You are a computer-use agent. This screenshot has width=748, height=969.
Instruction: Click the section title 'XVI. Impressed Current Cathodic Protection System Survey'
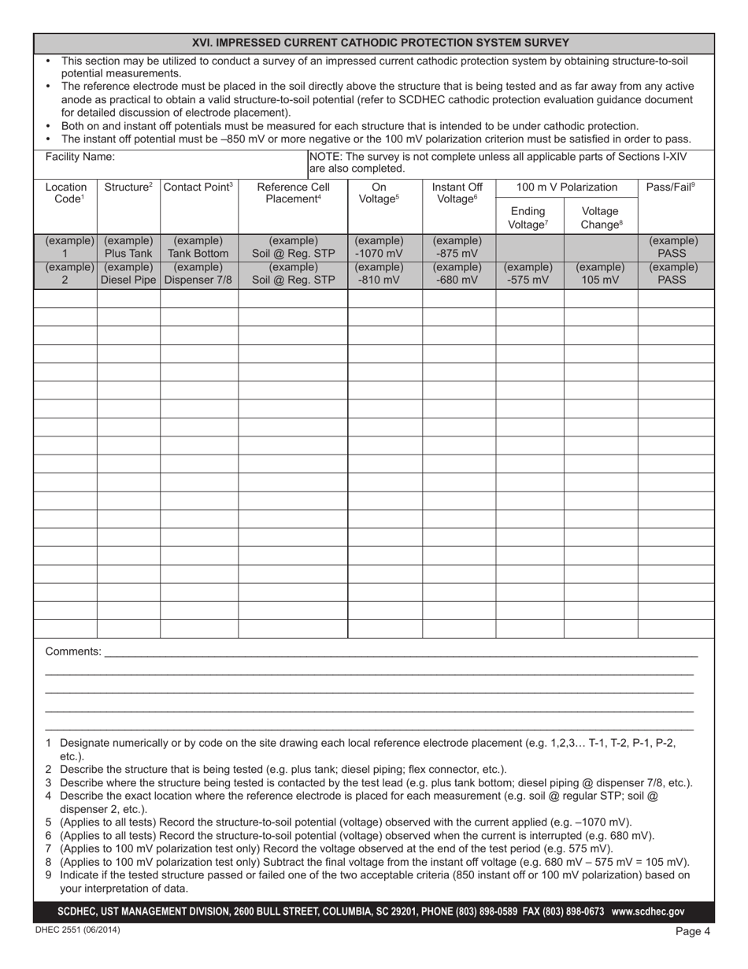(380, 43)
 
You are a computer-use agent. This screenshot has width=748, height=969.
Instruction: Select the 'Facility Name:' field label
(80, 157)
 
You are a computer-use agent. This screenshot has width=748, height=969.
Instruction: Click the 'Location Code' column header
(66, 194)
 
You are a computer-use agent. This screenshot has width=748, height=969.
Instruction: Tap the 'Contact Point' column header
(198, 187)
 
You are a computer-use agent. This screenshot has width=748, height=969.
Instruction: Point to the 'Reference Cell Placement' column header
(293, 194)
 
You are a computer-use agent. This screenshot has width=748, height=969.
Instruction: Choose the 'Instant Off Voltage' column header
(457, 194)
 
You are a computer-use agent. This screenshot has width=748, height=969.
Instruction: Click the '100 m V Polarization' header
(566, 187)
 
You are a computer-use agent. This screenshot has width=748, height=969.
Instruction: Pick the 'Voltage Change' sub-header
(600, 218)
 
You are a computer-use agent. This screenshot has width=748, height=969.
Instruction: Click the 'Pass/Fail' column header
(670, 187)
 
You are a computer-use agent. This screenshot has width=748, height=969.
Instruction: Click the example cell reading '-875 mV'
(457, 254)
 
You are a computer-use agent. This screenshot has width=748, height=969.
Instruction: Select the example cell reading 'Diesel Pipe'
(128, 280)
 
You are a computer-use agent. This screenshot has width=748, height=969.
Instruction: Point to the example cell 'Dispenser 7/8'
(198, 280)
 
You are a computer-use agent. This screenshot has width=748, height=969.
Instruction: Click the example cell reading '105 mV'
(600, 280)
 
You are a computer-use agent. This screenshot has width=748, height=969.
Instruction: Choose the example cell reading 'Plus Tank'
(128, 254)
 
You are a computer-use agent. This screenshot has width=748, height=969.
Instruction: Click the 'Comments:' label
(73, 652)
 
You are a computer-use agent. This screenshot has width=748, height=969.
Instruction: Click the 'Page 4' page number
(692, 931)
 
